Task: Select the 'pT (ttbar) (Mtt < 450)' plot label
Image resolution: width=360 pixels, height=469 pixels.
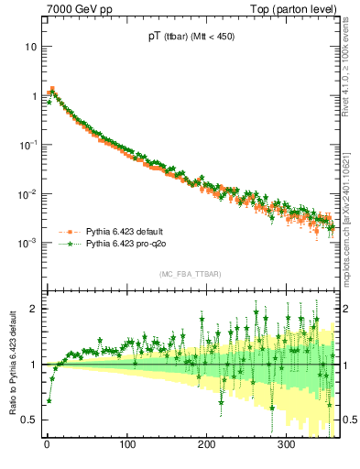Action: [x=187, y=38]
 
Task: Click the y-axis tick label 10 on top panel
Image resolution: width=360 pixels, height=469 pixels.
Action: [x=30, y=46]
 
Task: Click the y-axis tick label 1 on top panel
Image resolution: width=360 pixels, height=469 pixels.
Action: [x=33, y=95]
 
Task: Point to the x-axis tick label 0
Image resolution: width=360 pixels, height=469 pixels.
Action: [x=47, y=445]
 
